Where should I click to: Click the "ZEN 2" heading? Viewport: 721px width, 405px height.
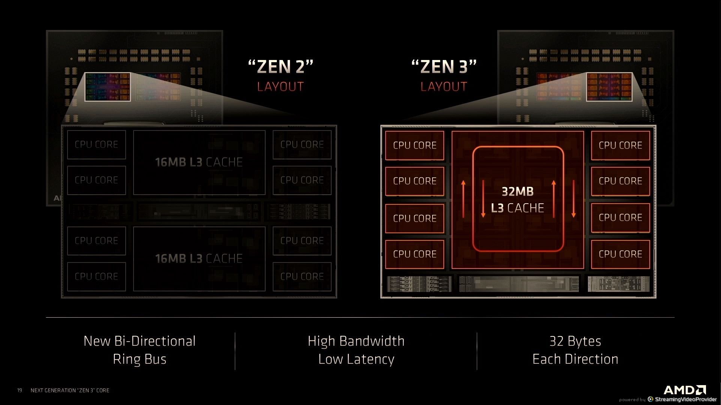coord(281,67)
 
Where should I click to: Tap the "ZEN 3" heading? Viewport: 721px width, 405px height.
coord(444,67)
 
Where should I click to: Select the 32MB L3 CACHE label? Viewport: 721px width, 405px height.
coord(518,199)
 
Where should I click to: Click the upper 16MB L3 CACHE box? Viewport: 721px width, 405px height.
coord(199,162)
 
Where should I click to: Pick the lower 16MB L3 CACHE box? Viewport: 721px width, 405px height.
coord(199,258)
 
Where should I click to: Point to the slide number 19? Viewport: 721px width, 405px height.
coord(20,390)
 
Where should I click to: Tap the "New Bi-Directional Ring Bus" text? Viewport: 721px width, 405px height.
coord(140,350)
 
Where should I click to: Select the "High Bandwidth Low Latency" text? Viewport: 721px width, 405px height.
coord(356,350)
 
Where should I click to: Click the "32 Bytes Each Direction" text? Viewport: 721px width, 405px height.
coord(575,350)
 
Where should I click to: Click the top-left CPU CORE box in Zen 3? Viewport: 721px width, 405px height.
coord(415,145)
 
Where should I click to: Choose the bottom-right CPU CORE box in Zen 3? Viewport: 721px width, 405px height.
coord(620,254)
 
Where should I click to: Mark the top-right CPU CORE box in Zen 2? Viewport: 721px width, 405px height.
coord(302,144)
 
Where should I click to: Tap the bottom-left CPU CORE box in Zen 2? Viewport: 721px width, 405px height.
coord(96,276)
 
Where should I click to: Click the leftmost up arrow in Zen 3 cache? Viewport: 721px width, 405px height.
coord(463,199)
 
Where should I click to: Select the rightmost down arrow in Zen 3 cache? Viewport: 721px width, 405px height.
coord(574,199)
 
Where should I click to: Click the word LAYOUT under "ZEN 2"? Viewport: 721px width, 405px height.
coord(281,87)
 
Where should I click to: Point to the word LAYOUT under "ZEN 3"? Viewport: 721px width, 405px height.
coord(444,87)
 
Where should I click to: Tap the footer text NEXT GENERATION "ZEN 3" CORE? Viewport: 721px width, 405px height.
coord(70,390)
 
